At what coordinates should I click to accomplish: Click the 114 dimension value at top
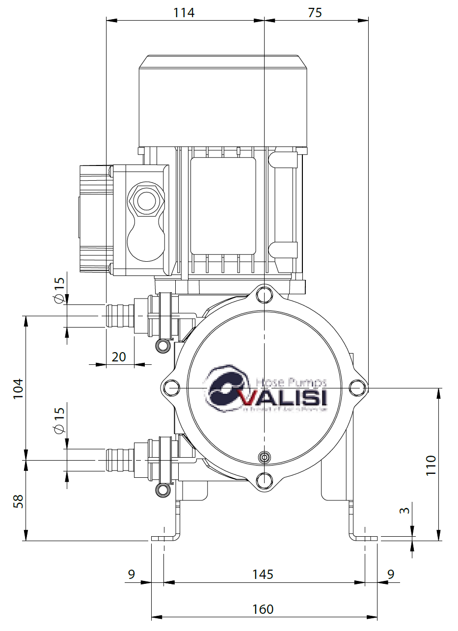184,12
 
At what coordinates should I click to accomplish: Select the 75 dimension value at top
315,12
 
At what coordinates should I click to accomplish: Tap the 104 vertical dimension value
18,388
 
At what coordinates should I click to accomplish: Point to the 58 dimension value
18,501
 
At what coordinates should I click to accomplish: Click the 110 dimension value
431,465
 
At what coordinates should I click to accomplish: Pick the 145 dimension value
263,574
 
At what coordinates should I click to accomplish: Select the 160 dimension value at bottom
263,609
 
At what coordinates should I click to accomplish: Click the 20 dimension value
119,357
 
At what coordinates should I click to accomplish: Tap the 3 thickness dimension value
404,511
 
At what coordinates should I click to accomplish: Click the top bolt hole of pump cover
265,295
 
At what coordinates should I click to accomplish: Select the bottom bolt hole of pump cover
265,479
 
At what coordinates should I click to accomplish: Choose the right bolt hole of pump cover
357,387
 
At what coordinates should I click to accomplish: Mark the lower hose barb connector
120,460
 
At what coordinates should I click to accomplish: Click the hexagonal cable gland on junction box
145,200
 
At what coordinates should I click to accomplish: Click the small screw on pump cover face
265,457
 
